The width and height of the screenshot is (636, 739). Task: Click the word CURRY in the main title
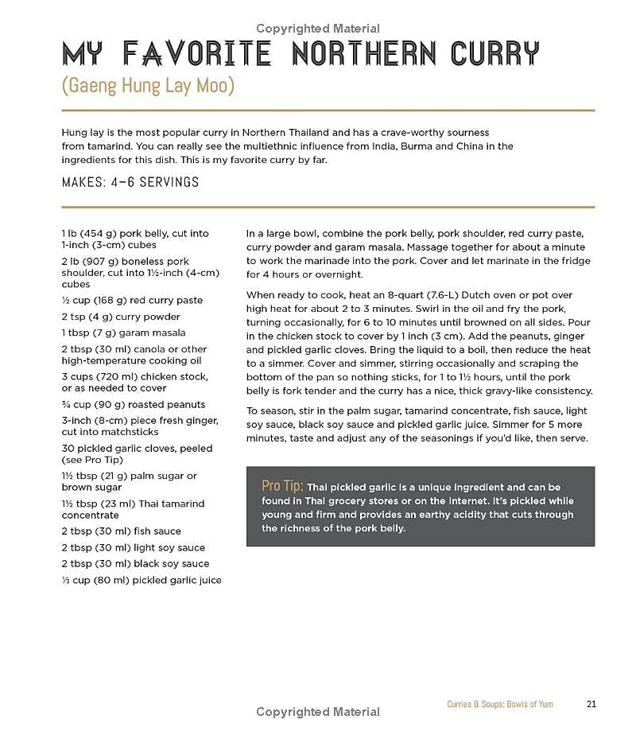[494, 53]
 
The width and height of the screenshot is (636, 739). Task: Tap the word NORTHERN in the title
[363, 53]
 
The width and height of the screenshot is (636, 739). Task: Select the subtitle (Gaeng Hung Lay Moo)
[148, 85]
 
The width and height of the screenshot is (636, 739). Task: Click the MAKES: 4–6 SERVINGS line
[130, 182]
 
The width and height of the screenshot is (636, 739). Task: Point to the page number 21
[591, 704]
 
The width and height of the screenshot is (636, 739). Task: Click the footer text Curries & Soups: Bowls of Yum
[500, 704]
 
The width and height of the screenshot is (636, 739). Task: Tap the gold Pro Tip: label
[282, 486]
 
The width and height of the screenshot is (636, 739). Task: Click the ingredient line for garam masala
[123, 333]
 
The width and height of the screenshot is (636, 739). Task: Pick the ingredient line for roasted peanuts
[133, 404]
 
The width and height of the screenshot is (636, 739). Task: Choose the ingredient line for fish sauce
[121, 531]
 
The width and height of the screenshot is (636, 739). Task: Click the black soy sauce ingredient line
[135, 563]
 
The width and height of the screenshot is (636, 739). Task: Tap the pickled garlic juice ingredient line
[142, 580]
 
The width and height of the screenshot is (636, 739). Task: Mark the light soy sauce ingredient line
[133, 547]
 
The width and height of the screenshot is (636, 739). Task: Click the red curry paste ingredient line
[132, 300]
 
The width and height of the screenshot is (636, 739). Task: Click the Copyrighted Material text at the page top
[318, 29]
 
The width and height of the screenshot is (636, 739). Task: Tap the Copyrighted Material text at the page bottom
[318, 712]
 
